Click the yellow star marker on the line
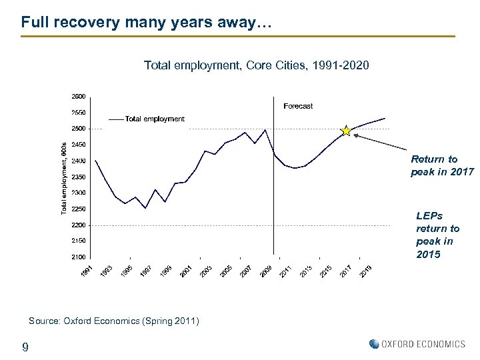346,131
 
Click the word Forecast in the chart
297,106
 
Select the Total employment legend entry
154,119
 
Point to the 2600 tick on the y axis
78,96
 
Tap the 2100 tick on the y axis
78,257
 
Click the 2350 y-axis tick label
78,177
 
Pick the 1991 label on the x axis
87,271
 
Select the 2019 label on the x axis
366,271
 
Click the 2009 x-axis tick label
266,271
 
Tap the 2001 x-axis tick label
187,271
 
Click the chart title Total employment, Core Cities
256,65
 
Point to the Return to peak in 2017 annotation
442,165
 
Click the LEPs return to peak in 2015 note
438,235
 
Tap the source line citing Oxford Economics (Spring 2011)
113,321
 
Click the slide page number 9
25,347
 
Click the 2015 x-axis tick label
326,271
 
